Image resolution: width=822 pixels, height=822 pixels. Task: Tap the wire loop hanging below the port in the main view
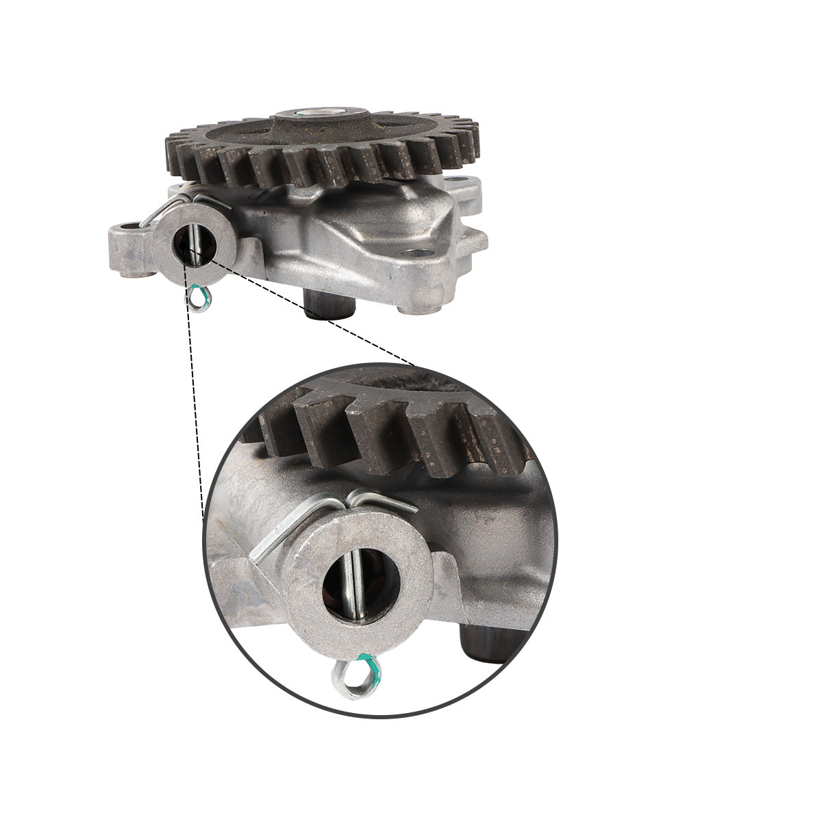[x=201, y=299]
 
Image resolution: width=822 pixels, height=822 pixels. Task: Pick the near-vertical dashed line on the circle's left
[x=195, y=411]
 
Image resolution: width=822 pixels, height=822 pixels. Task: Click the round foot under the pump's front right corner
[x=419, y=309]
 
